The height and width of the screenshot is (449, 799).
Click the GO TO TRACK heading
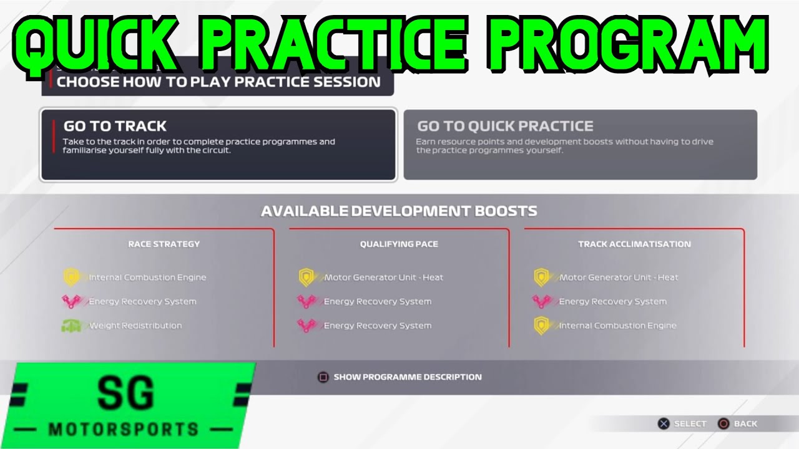pyautogui.click(x=115, y=126)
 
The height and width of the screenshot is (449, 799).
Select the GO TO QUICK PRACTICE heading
pyautogui.click(x=505, y=126)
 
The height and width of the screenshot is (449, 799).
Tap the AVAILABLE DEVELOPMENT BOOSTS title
pyautogui.click(x=399, y=211)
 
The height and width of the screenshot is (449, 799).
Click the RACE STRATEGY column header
pyautogui.click(x=164, y=244)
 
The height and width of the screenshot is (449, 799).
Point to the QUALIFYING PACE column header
pyautogui.click(x=399, y=244)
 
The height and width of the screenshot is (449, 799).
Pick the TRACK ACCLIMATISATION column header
pyautogui.click(x=634, y=244)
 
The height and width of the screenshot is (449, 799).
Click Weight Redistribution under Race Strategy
pyautogui.click(x=135, y=326)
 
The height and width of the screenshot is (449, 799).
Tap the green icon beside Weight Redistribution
pyautogui.click(x=71, y=326)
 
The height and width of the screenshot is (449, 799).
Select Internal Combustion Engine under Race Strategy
pyautogui.click(x=147, y=278)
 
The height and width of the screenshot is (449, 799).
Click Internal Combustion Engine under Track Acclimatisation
pyautogui.click(x=617, y=326)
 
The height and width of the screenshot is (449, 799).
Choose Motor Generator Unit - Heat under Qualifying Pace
pyautogui.click(x=383, y=278)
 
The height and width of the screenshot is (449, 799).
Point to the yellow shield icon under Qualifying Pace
pyautogui.click(x=306, y=278)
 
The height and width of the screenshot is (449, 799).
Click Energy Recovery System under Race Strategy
pyautogui.click(x=142, y=302)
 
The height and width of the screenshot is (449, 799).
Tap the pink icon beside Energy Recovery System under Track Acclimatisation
pyautogui.click(x=541, y=302)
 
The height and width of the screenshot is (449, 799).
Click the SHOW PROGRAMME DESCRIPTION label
pyautogui.click(x=408, y=377)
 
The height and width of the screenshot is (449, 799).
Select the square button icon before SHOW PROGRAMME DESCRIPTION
pyautogui.click(x=323, y=377)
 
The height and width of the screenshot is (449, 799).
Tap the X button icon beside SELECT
pyautogui.click(x=663, y=424)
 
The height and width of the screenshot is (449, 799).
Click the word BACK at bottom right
pyautogui.click(x=745, y=424)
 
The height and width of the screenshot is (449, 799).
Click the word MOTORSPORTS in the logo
pyautogui.click(x=124, y=429)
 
